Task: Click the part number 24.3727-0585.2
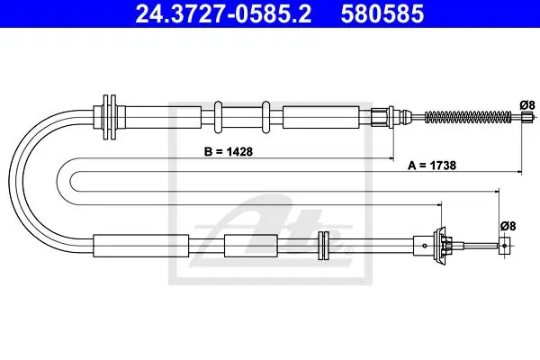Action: [x=223, y=13]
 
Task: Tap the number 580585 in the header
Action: [x=382, y=13]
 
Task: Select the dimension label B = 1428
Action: [x=229, y=151]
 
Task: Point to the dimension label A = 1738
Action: [x=432, y=166]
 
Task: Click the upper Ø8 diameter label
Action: [x=527, y=104]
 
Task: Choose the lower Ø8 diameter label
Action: [x=508, y=226]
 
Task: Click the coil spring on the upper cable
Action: [x=468, y=117]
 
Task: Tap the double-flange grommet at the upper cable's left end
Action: [x=110, y=117]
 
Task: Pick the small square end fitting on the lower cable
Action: [x=504, y=246]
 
